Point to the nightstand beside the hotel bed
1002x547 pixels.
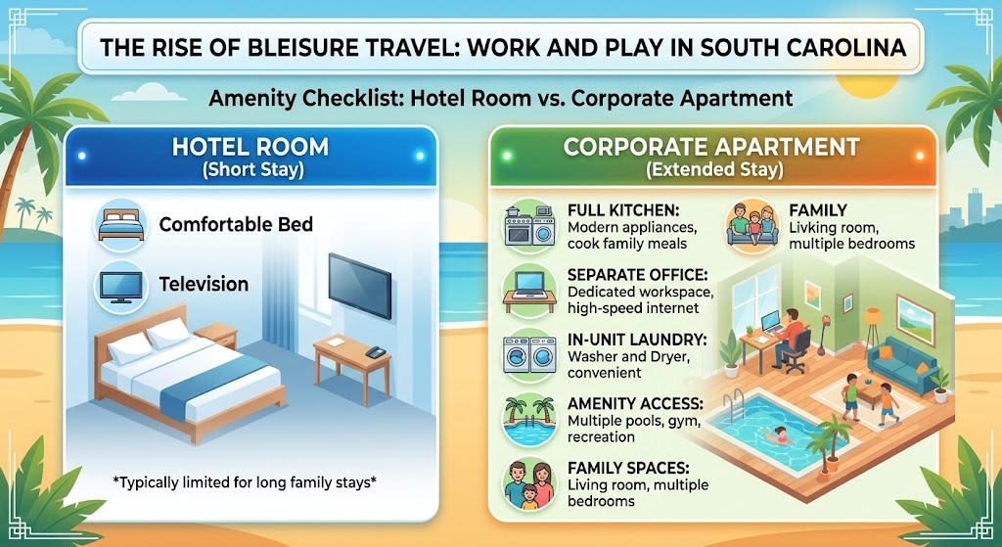click(217, 337)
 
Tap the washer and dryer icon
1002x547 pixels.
click(529, 354)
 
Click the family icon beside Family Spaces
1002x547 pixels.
click(529, 480)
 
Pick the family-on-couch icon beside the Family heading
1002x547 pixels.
click(751, 225)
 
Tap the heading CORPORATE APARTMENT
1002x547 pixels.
click(711, 149)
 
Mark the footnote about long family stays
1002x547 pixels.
click(250, 480)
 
